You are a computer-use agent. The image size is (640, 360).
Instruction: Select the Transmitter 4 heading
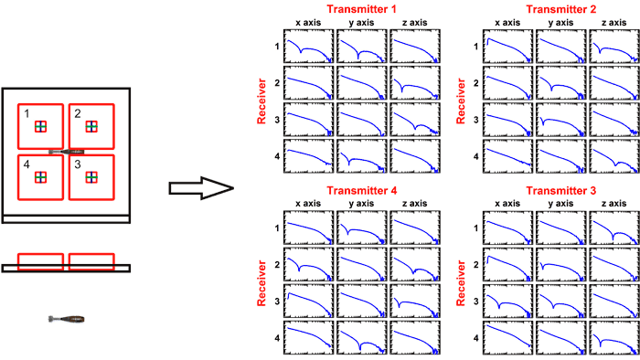(x=362, y=190)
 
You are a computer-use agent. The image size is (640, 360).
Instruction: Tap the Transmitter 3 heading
(x=560, y=190)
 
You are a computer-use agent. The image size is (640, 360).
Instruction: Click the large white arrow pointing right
(x=198, y=190)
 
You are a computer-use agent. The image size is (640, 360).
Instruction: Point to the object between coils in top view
(x=67, y=152)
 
